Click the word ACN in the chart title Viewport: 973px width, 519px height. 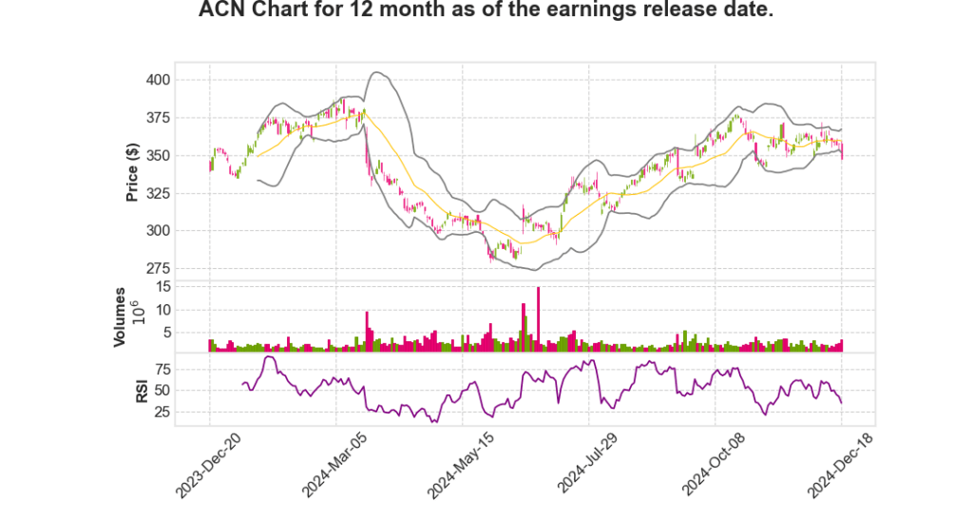[x=224, y=11]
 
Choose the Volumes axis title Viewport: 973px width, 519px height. [x=120, y=317]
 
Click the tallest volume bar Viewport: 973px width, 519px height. [x=538, y=318]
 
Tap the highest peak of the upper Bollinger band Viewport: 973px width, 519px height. [x=378, y=72]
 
